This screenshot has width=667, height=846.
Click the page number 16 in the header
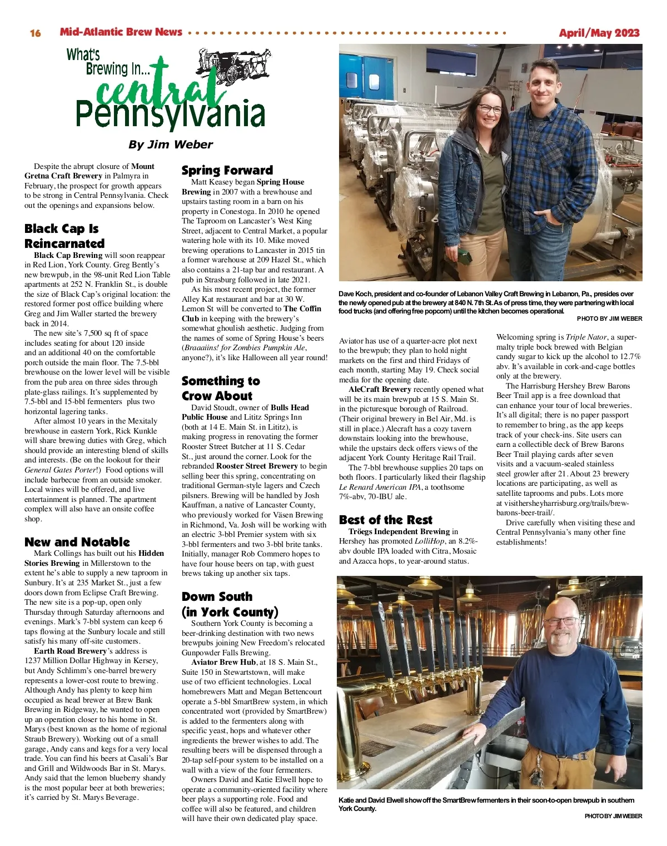[x=36, y=33]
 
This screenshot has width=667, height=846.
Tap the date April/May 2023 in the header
[x=599, y=33]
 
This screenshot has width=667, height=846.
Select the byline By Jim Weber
[x=170, y=145]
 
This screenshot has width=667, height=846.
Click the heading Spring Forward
[x=227, y=170]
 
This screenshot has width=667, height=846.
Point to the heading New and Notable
[x=77, y=542]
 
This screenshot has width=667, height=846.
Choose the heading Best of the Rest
[x=385, y=520]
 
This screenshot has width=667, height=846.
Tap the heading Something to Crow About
[x=221, y=388]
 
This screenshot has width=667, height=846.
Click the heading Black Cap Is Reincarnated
[x=64, y=236]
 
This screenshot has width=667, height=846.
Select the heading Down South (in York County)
[x=230, y=604]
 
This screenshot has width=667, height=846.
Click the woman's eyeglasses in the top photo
[x=489, y=109]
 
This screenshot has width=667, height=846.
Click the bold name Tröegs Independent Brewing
[x=399, y=531]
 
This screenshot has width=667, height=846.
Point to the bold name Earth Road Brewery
[x=70, y=651]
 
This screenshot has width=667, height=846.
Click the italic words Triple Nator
[x=586, y=337]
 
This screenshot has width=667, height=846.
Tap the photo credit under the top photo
[x=609, y=319]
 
